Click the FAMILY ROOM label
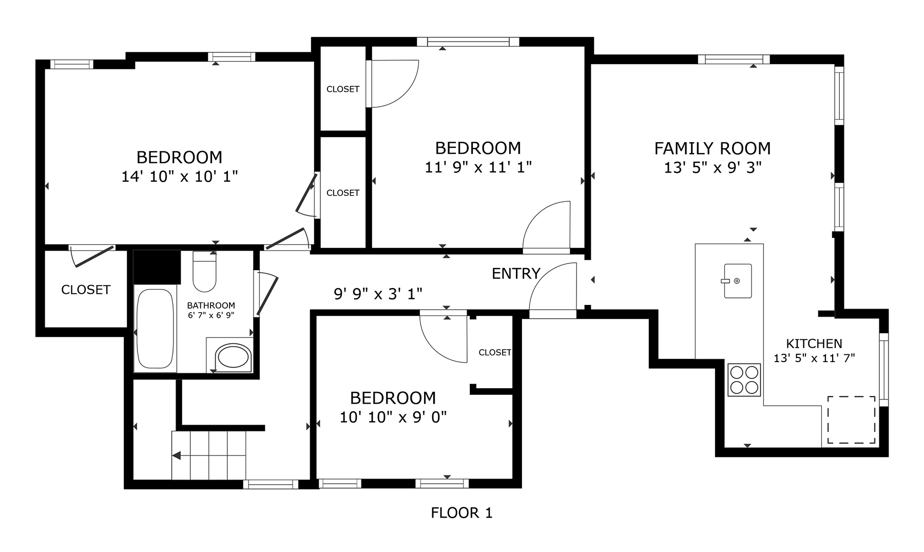(x=713, y=148)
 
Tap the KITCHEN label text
(x=814, y=344)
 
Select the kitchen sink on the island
(x=738, y=281)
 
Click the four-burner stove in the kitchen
(x=744, y=379)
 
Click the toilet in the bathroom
(x=204, y=271)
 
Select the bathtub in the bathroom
(x=155, y=329)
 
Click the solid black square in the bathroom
(x=157, y=267)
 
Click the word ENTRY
(x=516, y=274)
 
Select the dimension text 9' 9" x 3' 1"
(x=378, y=294)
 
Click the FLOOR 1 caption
(x=461, y=513)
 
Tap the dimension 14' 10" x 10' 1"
(x=180, y=177)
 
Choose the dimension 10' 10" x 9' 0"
(x=393, y=416)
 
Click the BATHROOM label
(x=211, y=305)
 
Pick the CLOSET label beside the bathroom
(x=86, y=290)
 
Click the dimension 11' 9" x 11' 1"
(x=478, y=167)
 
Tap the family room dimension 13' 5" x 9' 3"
(x=713, y=167)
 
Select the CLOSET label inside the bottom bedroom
(x=495, y=352)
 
